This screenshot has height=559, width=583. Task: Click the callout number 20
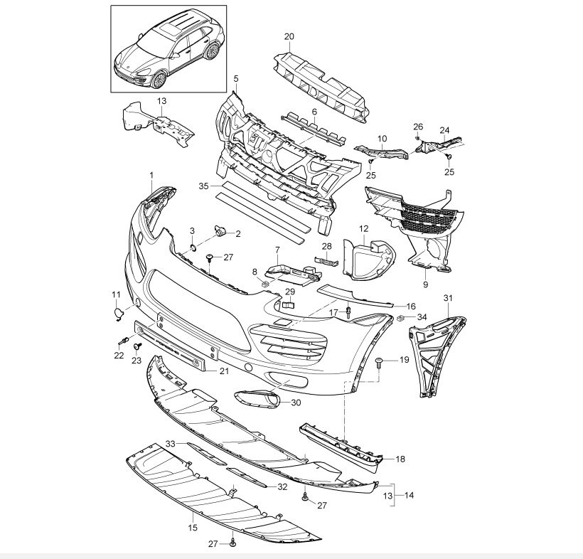(x=289, y=36)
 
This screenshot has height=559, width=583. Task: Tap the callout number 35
(x=204, y=186)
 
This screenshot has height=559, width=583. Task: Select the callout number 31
(x=449, y=298)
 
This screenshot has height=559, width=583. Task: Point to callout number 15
(x=193, y=528)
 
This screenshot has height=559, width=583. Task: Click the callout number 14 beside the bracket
(x=409, y=495)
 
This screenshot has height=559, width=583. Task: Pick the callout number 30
(x=296, y=403)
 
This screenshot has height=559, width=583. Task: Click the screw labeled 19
(x=379, y=362)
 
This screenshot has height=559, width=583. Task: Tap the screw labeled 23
(x=137, y=347)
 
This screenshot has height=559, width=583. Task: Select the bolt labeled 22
(x=123, y=339)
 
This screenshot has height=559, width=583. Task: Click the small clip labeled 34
(x=401, y=318)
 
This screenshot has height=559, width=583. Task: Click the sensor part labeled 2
(x=220, y=230)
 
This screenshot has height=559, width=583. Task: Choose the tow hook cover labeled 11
(x=118, y=314)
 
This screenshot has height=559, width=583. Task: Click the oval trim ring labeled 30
(x=257, y=397)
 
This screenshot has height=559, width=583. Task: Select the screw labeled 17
(x=348, y=312)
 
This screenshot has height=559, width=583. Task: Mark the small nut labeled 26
(x=418, y=139)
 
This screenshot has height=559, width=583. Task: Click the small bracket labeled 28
(x=326, y=261)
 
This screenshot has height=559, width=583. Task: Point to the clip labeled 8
(x=264, y=284)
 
